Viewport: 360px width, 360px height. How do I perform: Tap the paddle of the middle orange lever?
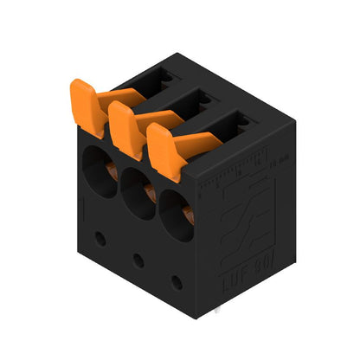click(124, 130)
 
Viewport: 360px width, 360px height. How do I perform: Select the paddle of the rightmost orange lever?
click(164, 151)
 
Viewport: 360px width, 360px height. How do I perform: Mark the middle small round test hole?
click(138, 259)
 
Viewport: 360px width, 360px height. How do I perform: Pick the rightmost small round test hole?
click(176, 282)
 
